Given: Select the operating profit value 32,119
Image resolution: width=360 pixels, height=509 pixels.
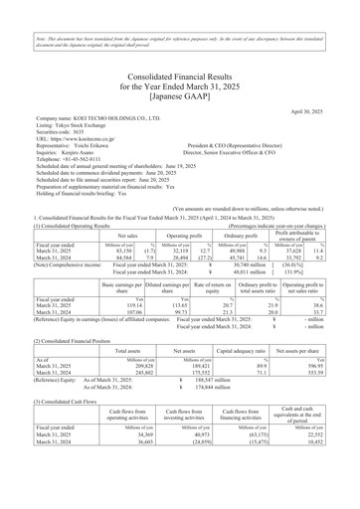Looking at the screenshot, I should click(159, 224).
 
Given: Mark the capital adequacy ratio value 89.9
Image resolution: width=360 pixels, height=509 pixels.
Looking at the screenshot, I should click(264, 366).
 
